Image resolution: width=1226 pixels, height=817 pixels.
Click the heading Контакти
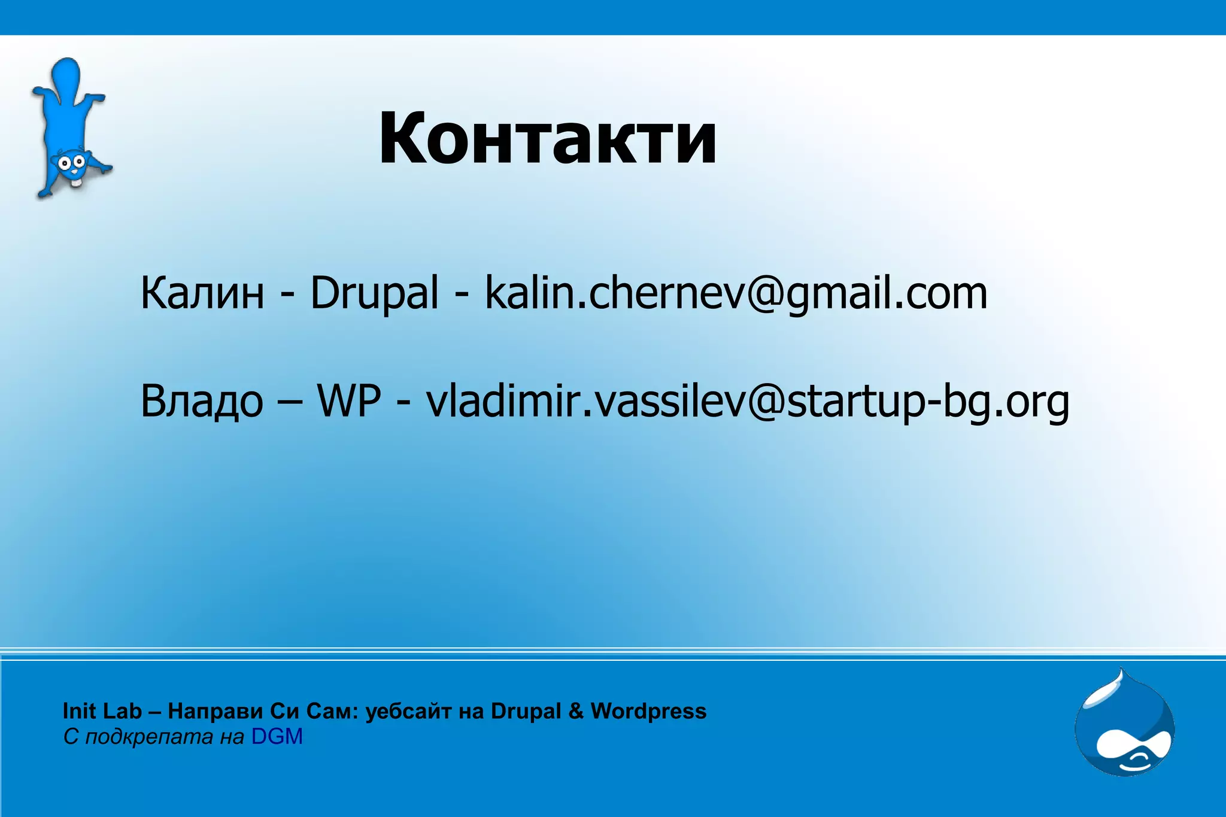547,139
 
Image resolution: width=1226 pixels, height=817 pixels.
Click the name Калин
202,293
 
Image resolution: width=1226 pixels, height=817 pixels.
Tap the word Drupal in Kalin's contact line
374,293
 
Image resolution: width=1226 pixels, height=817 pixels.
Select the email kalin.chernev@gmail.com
736,293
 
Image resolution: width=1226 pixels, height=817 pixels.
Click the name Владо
202,401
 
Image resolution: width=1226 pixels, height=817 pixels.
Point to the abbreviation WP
349,401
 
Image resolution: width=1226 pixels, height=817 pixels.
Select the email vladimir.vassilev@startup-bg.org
747,401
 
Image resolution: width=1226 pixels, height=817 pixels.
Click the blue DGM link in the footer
277,737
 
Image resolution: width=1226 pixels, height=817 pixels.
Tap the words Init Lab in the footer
102,711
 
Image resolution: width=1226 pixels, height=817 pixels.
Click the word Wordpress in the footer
648,711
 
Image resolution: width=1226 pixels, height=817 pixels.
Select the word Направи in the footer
216,711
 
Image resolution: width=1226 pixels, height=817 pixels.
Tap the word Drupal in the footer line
526,711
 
